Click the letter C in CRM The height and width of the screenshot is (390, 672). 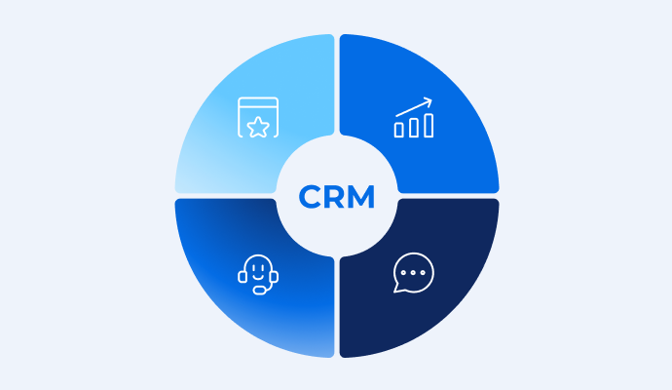310,197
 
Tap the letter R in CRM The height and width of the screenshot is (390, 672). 334,197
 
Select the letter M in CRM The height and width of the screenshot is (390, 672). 361,197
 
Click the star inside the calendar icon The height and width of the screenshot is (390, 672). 258,127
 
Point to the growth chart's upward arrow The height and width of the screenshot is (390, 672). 414,107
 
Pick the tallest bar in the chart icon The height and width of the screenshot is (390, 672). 429,125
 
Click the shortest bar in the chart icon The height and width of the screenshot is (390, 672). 398,130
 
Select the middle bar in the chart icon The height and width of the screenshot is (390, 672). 414,128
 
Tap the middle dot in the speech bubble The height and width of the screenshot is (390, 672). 413,272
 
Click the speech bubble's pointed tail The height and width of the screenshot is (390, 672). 397,288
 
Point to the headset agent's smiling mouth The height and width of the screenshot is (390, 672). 258,276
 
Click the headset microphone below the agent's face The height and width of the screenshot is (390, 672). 260,291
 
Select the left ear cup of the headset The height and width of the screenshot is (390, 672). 243,277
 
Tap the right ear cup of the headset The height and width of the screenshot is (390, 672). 274,277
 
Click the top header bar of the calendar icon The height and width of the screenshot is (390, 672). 258,102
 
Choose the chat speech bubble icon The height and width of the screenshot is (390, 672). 414,273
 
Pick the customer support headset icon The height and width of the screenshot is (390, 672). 258,275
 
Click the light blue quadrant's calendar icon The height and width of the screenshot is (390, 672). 258,118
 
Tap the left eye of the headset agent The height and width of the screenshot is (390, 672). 254,268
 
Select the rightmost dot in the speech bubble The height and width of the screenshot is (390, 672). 423,272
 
